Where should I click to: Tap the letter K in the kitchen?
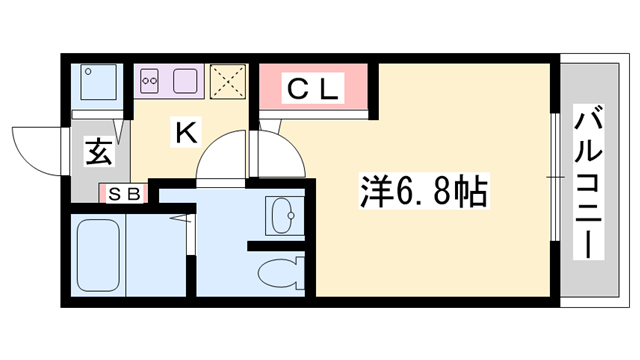tap(185, 130)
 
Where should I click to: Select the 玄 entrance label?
tap(97, 152)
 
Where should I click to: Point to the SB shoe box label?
tap(124, 193)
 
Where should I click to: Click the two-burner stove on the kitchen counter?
tap(151, 79)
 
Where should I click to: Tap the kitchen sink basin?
tap(188, 79)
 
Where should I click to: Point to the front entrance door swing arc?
tap(35, 150)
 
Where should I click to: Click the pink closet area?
tap(316, 88)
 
